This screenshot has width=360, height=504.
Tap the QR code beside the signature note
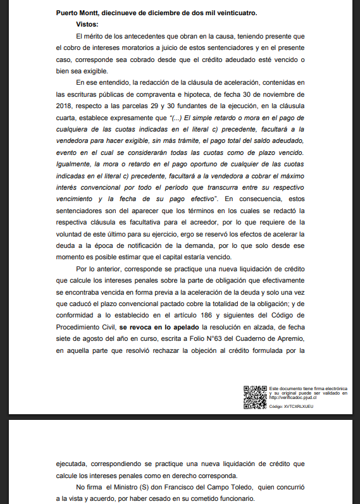click(x=255, y=397)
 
